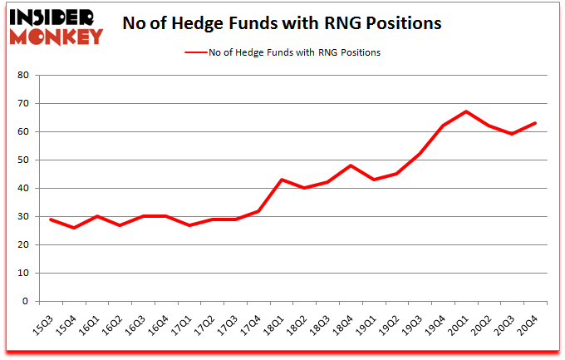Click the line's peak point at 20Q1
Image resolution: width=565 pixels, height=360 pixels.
point(467,111)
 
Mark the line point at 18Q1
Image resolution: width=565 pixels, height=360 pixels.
point(282,180)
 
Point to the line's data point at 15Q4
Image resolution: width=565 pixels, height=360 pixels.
point(75,228)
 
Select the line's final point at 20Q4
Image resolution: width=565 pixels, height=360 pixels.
point(536,123)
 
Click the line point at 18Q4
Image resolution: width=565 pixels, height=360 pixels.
point(351,165)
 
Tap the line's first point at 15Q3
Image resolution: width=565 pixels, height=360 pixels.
point(52,219)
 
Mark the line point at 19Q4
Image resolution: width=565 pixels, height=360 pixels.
point(444,126)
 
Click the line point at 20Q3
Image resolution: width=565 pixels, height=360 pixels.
point(513,134)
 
